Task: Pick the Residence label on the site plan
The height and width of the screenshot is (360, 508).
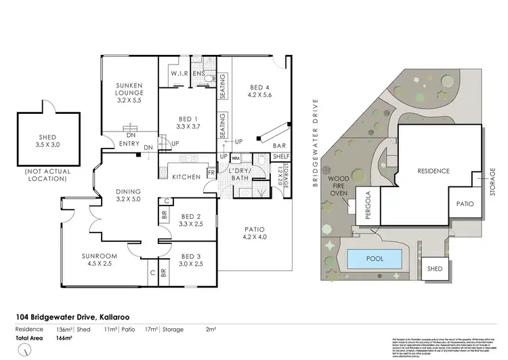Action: [x=433, y=171]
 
